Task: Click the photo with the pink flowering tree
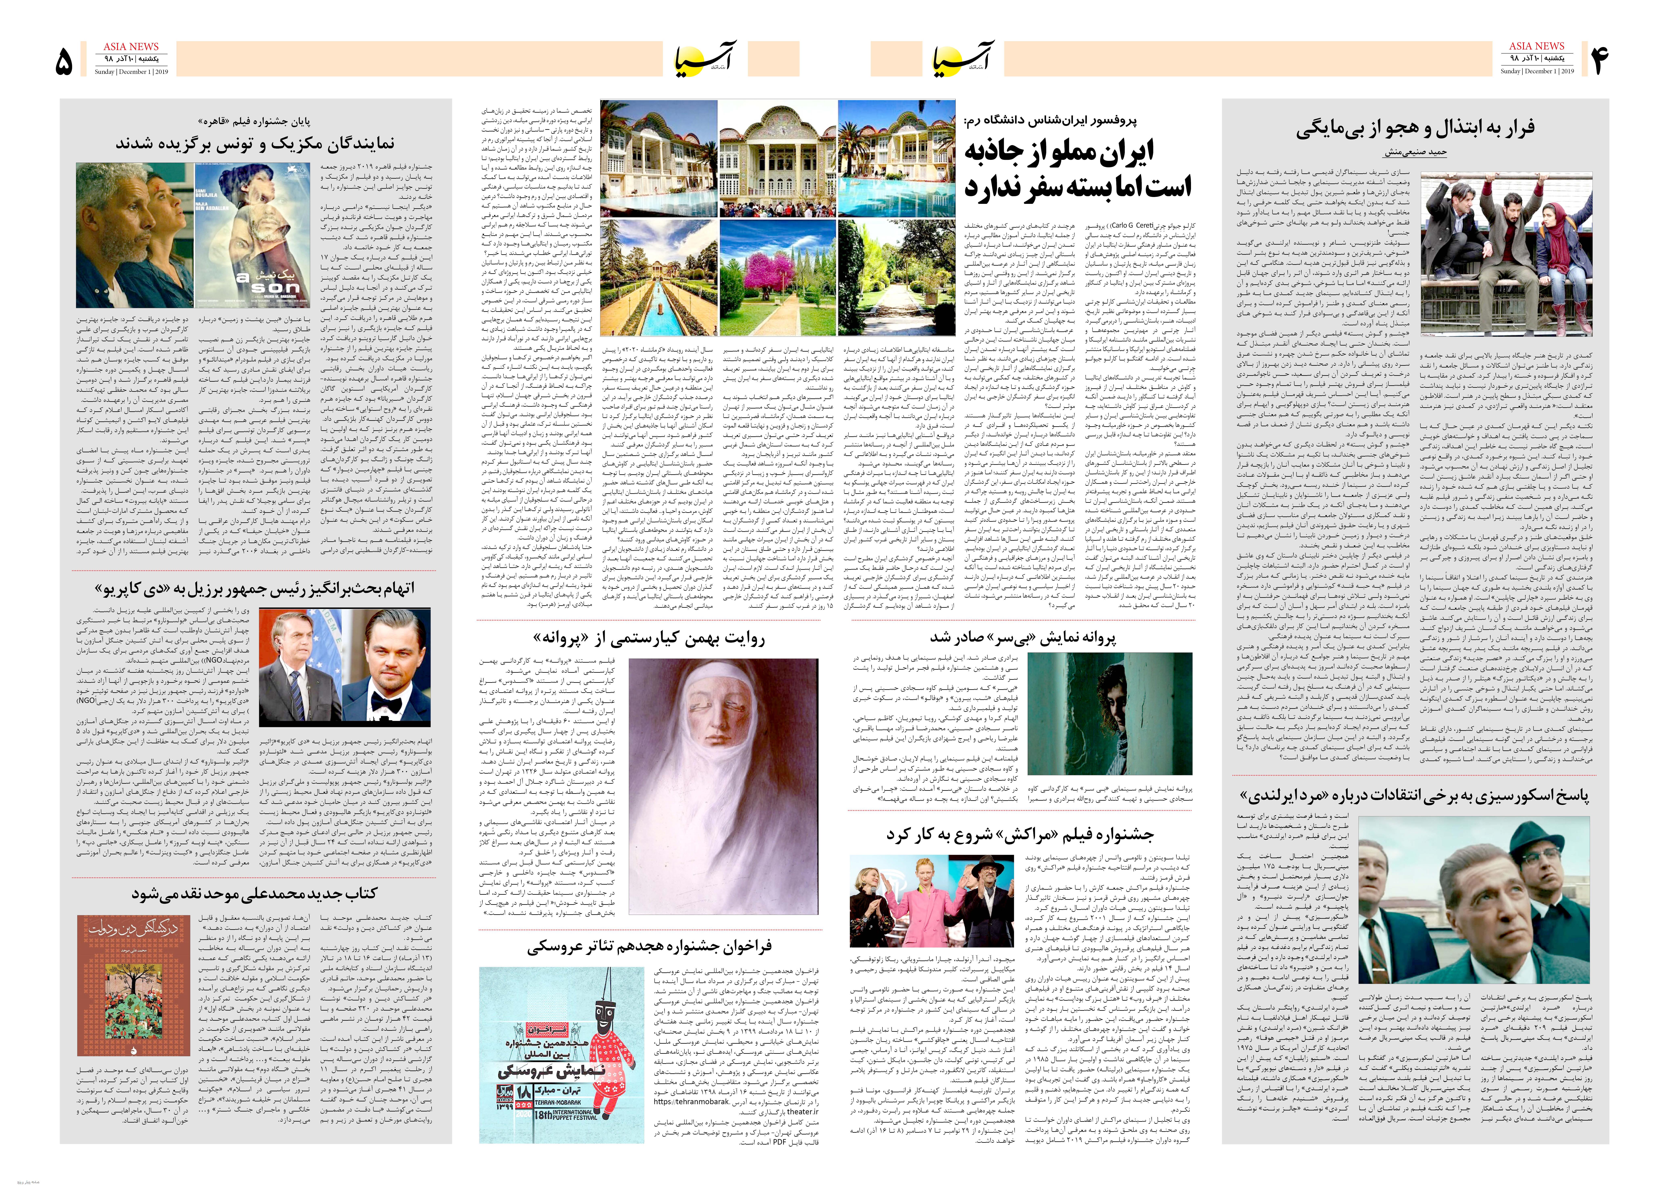click(x=777, y=278)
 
